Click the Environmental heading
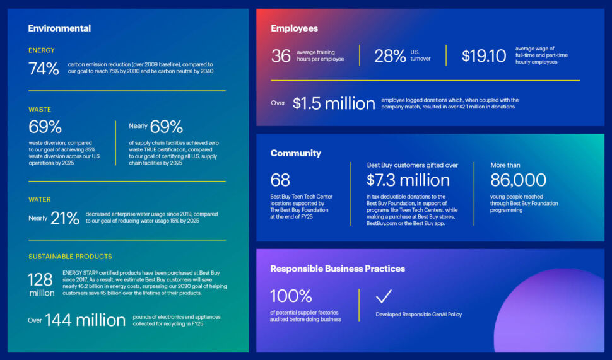pyautogui.click(x=59, y=28)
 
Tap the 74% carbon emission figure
pyautogui.click(x=44, y=68)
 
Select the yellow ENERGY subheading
pyautogui.click(x=42, y=50)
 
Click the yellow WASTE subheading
pyautogui.click(x=40, y=110)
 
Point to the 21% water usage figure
pyautogui.click(x=64, y=218)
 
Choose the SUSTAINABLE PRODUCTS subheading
pyautogui.click(x=70, y=257)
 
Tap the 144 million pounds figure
pyautogui.click(x=85, y=320)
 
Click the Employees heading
pyautogui.click(x=294, y=28)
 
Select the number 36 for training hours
pyautogui.click(x=281, y=56)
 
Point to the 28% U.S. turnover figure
pyautogui.click(x=390, y=56)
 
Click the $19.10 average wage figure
pyautogui.click(x=483, y=56)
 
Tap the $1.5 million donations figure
pyautogui.click(x=334, y=103)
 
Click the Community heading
pyautogui.click(x=295, y=153)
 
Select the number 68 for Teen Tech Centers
pyautogui.click(x=280, y=180)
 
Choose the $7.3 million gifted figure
pyautogui.click(x=408, y=180)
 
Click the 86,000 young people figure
pyautogui.click(x=518, y=180)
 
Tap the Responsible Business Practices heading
pyautogui.click(x=338, y=269)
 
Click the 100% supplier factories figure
pyautogui.click(x=291, y=296)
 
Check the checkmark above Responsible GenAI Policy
pyautogui.click(x=384, y=296)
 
